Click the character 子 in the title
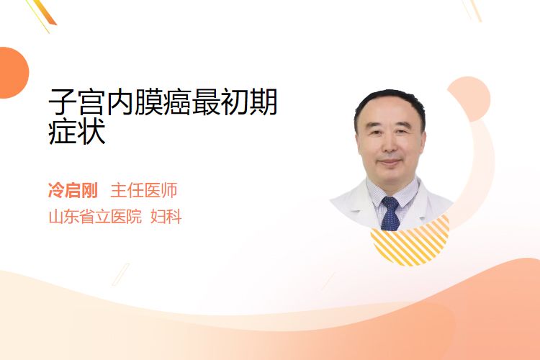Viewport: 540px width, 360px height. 63,102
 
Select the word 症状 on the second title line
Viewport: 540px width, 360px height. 77,131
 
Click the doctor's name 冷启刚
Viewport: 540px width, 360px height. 73,190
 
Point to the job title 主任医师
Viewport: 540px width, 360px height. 144,190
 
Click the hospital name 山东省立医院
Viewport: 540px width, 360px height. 95,217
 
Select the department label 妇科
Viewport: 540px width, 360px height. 166,217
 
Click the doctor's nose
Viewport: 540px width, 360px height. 390,146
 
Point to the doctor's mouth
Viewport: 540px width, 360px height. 390,161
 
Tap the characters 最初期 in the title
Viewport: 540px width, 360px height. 234,102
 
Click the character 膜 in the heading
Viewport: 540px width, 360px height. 148,102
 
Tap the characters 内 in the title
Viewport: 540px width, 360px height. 120,102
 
